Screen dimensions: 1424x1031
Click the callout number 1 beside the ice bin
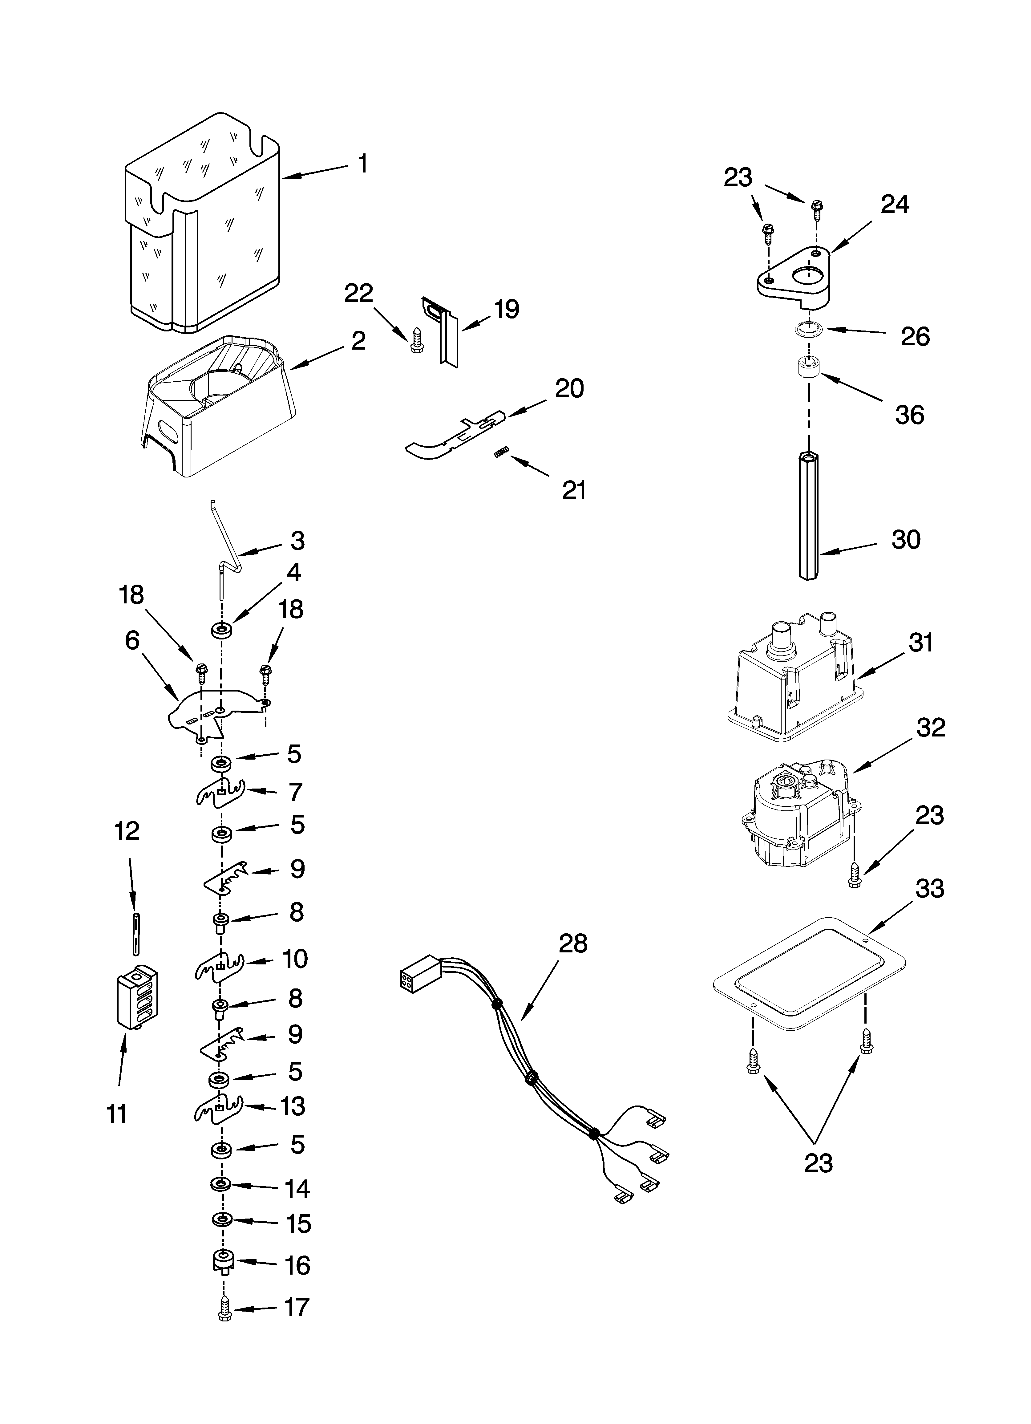pyautogui.click(x=362, y=164)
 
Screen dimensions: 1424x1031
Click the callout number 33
pyautogui.click(x=929, y=889)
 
